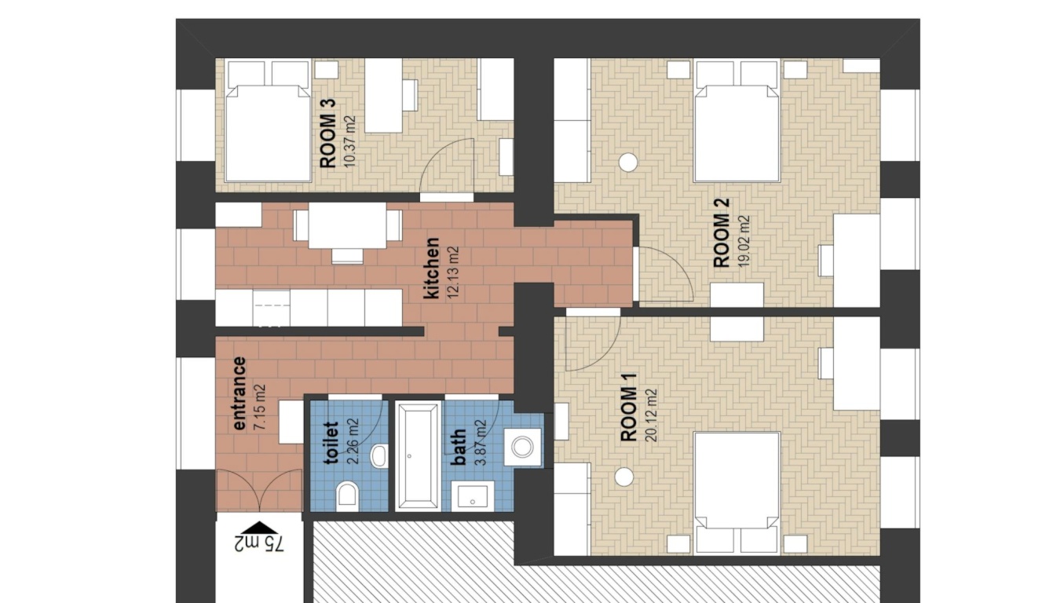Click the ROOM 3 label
[x=327, y=133]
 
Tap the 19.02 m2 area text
[x=744, y=241]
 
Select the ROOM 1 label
[x=628, y=407]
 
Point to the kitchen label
[x=431, y=268]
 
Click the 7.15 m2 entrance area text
[x=259, y=407]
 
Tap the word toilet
[x=332, y=443]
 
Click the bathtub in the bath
[x=418, y=455]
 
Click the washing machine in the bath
[x=522, y=447]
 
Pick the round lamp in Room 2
[x=628, y=163]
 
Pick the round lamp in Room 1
[x=624, y=477]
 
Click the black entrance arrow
[x=259, y=528]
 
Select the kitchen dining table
[x=347, y=225]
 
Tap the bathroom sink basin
[x=472, y=496]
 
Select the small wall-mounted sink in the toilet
[x=379, y=455]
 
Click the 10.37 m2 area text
[x=349, y=142]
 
